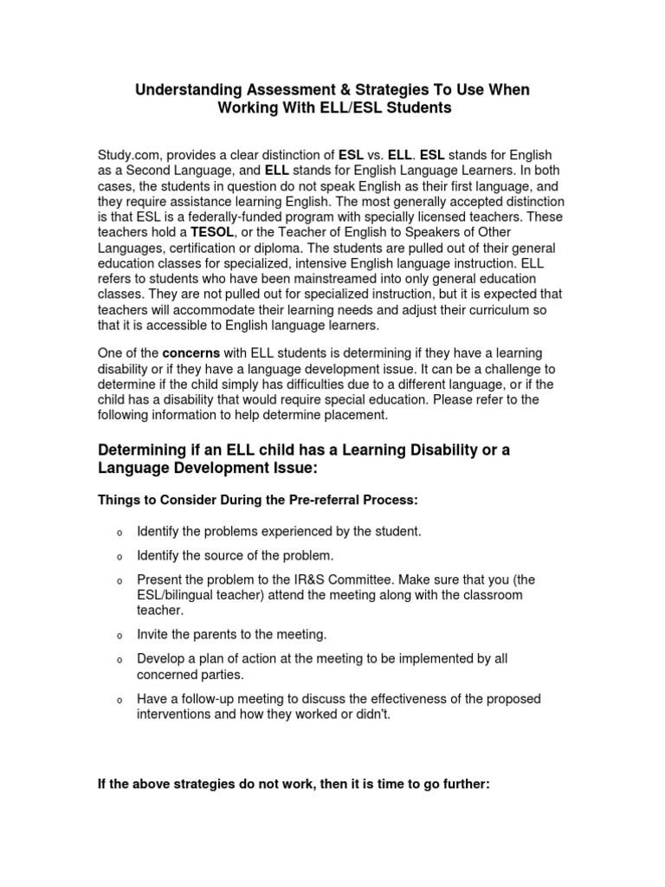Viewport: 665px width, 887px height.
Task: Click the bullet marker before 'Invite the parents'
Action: pyautogui.click(x=119, y=636)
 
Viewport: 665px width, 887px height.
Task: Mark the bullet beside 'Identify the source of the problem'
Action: pyautogui.click(x=119, y=556)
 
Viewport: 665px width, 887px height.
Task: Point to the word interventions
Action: pyautogui.click(x=173, y=715)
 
